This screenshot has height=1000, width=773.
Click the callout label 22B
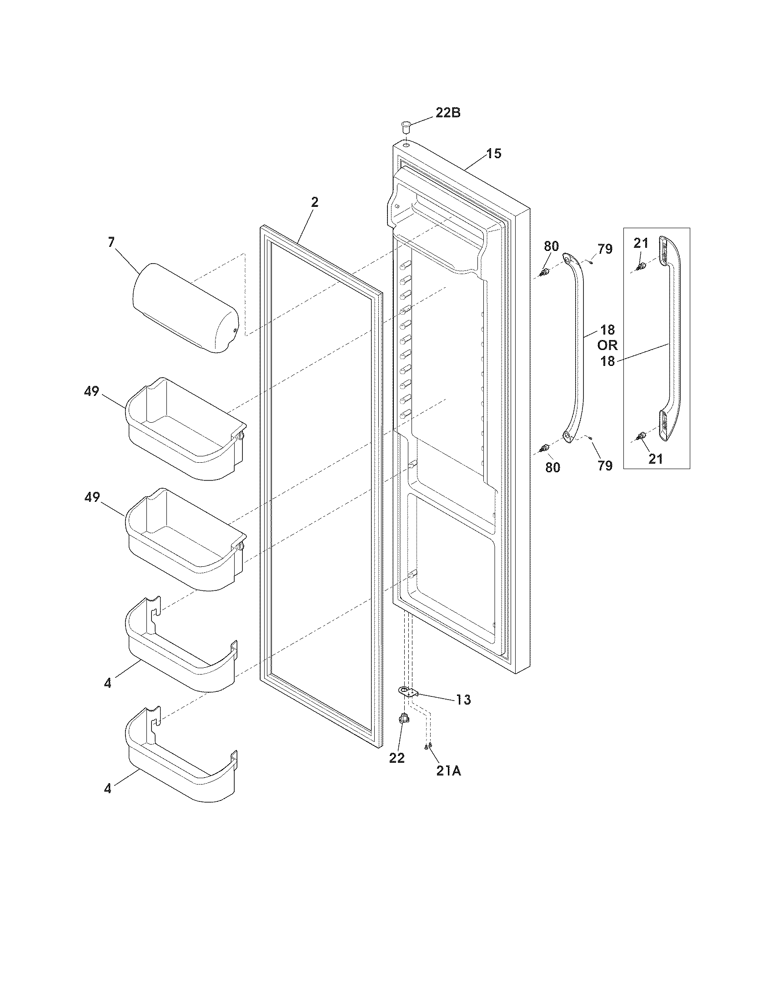(x=447, y=113)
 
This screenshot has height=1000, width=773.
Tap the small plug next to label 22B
(x=406, y=125)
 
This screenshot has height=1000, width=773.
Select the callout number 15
(x=493, y=153)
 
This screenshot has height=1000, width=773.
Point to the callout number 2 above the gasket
(x=315, y=202)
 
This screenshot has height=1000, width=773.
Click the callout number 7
(x=111, y=242)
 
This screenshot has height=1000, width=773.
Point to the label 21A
(x=448, y=771)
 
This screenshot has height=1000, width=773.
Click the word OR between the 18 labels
(x=607, y=345)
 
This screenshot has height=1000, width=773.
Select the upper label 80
(x=551, y=246)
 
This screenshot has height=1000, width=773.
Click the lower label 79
(x=605, y=465)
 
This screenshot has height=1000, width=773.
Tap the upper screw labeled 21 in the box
(x=642, y=265)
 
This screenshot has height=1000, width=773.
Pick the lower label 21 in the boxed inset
(x=655, y=459)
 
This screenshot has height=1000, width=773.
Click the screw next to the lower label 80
(x=544, y=447)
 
